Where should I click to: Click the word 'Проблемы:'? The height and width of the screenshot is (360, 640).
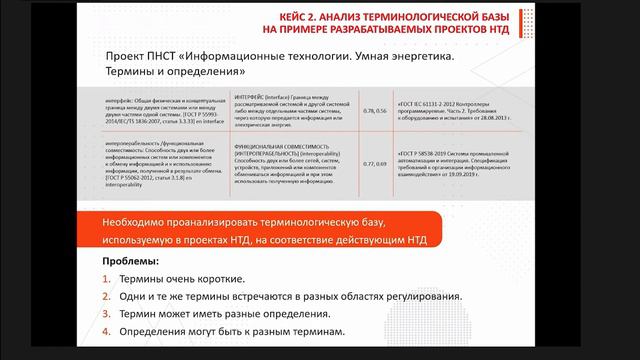coord(128,260)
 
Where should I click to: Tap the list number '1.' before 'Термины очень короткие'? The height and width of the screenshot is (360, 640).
coord(107,279)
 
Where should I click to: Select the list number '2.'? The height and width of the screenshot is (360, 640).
coord(107,296)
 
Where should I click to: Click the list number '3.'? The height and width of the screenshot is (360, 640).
coord(107,313)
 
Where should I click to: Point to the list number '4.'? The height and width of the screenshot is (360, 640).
coord(107,331)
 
